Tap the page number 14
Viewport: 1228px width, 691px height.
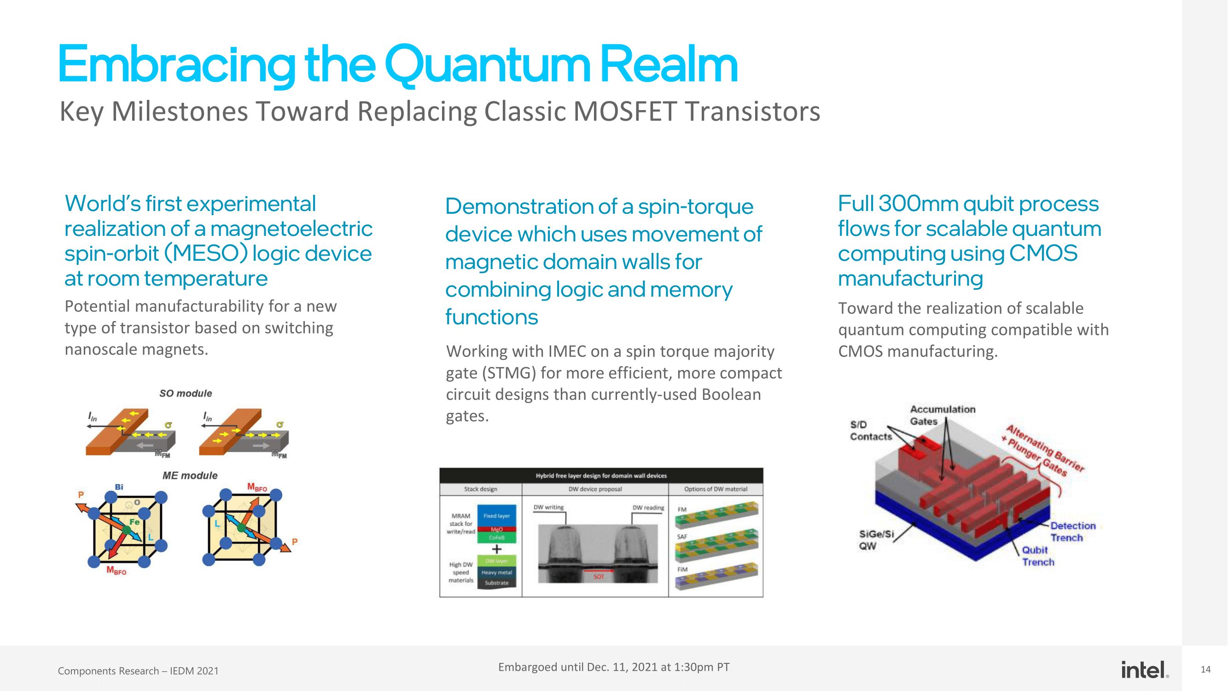pos(1205,670)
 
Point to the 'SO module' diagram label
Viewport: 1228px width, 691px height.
pos(186,393)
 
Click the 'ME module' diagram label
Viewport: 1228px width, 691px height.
pos(190,475)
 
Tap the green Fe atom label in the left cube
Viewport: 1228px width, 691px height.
pos(134,522)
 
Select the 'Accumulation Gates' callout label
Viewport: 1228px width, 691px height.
pos(942,416)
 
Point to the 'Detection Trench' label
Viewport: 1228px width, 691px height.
pos(1072,532)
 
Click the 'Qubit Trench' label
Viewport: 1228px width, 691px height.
pos(1038,556)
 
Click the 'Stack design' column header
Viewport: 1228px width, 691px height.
pos(481,489)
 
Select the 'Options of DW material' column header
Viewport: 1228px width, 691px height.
pos(716,489)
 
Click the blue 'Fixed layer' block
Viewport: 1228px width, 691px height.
pos(496,516)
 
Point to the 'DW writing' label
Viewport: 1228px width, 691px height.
pos(548,507)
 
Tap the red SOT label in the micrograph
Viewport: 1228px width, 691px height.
pos(599,577)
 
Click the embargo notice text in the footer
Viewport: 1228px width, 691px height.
pos(613,667)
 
